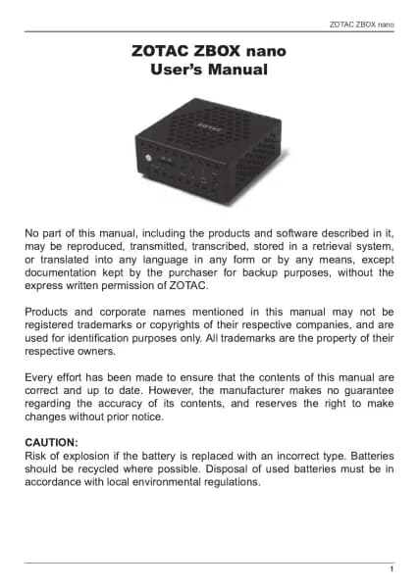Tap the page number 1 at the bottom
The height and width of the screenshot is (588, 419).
coord(392,569)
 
